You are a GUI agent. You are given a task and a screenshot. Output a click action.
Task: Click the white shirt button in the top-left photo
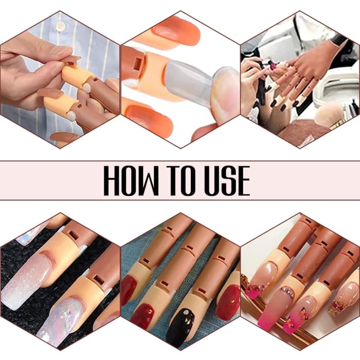pyautogui.click(x=61, y=26)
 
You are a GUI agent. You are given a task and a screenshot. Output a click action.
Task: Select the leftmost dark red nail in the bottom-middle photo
pyautogui.click(x=129, y=283)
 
